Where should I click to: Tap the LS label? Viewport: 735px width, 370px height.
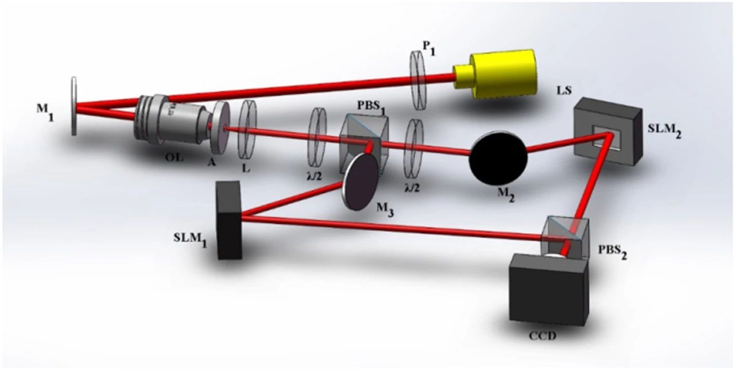tap(564, 90)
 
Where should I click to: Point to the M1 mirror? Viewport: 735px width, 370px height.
tap(74, 106)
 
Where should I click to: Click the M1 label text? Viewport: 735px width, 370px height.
tap(45, 113)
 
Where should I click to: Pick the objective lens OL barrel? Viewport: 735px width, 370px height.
tap(171, 121)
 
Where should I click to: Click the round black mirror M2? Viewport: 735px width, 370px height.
tap(498, 157)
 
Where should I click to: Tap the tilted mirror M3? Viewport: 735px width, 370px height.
tap(360, 182)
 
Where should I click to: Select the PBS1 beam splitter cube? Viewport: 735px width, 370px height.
tap(365, 144)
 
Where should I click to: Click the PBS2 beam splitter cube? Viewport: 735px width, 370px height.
tap(564, 237)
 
